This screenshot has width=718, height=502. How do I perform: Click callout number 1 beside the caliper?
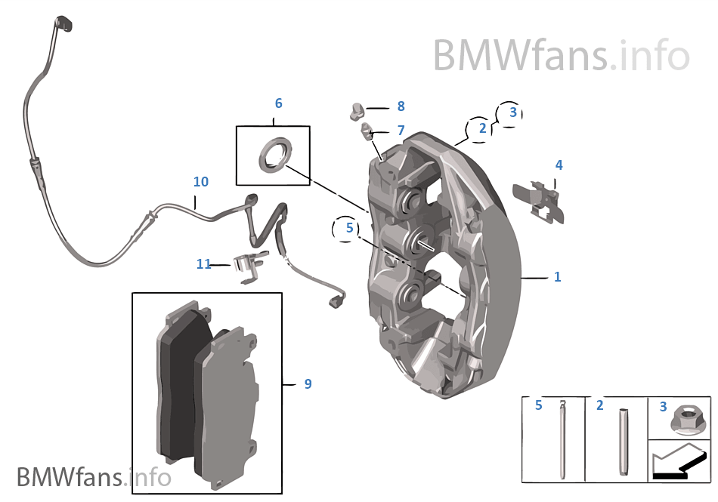coord(557,277)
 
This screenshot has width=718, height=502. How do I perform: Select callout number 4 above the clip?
coord(559,165)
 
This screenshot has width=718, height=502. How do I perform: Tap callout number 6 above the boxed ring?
coord(278,103)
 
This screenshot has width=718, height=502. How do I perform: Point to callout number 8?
coord(401,106)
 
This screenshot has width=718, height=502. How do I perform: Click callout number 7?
coord(401,131)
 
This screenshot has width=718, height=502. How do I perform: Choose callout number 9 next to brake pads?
coord(308,383)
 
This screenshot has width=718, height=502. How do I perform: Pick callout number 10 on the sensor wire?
coord(200,182)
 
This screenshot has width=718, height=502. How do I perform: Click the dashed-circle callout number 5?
coord(348,226)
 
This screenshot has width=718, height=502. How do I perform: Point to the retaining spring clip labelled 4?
coord(540,201)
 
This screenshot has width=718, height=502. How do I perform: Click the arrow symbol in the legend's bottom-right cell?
coord(679,462)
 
